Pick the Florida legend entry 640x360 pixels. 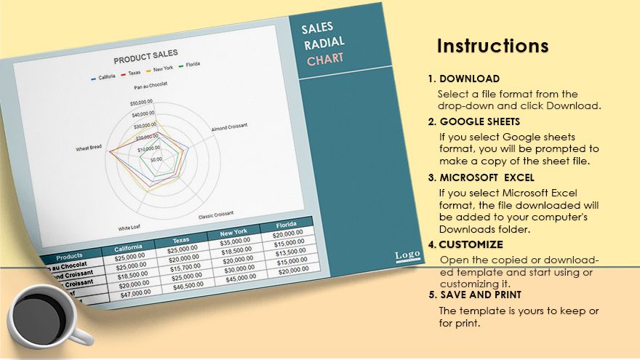(x=191, y=64)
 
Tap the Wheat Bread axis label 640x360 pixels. (x=89, y=149)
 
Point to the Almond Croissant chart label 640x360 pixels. (x=229, y=127)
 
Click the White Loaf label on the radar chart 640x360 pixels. (x=129, y=227)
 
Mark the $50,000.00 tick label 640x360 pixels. (x=142, y=103)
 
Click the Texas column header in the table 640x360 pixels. (x=181, y=241)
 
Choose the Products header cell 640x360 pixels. (x=69, y=256)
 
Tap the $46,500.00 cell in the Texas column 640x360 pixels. (x=188, y=287)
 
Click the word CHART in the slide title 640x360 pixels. (x=325, y=60)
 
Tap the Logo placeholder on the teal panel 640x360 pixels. (x=407, y=255)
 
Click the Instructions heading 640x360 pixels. (x=492, y=47)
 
